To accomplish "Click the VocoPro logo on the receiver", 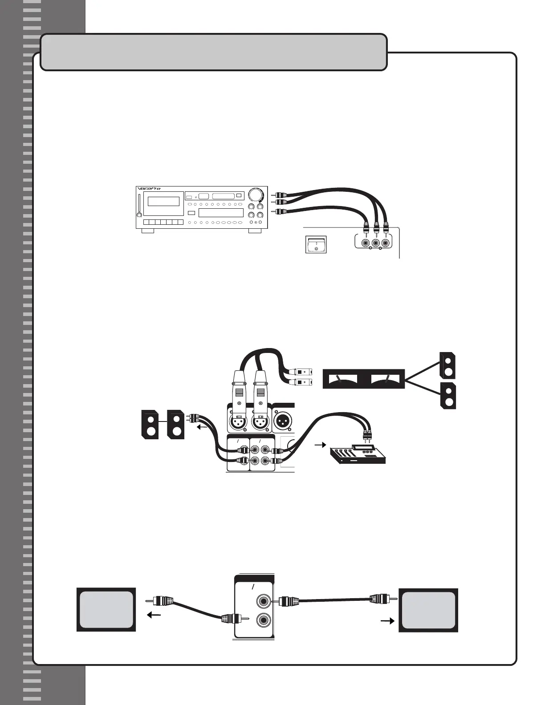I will coord(149,188).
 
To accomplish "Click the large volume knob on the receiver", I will coord(256,195).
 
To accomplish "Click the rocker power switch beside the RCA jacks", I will coord(316,244).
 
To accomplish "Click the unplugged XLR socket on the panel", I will coord(283,421).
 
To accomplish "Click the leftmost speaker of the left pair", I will coord(150,425).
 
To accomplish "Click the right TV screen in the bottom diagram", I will coord(429,610).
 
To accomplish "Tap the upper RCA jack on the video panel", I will coord(262,601).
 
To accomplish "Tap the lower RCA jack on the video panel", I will coord(262,620).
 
